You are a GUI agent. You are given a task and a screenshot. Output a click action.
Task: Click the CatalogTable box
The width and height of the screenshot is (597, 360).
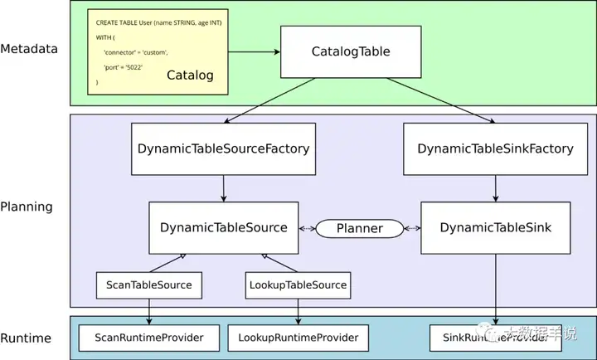pos(350,51)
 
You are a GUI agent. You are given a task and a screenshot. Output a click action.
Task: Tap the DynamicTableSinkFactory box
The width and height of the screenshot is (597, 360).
pos(495,149)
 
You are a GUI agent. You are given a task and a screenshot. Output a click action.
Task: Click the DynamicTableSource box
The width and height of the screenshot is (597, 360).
pos(223,227)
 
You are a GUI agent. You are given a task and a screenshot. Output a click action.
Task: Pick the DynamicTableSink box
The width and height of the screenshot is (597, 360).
pos(495,227)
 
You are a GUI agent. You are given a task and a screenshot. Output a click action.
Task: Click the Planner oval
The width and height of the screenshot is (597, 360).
pos(359,227)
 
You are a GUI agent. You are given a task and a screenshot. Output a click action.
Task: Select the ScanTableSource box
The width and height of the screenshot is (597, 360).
pos(149,285)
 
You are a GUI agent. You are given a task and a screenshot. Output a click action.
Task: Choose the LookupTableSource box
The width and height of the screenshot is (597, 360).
pos(298,285)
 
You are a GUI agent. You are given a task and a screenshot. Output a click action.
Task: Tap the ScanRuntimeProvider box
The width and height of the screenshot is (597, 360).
pos(149,338)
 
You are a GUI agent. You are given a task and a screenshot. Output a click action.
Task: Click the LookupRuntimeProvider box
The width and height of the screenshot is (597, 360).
pos(298,338)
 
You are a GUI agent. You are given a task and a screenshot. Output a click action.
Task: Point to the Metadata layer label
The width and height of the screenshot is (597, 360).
pos(29,48)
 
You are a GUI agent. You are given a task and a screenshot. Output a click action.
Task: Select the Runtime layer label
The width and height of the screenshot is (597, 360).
pos(26,338)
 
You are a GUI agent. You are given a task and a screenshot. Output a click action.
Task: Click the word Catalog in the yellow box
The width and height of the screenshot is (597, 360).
pos(190,75)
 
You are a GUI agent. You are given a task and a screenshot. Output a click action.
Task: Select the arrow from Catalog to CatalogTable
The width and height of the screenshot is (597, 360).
pos(253,52)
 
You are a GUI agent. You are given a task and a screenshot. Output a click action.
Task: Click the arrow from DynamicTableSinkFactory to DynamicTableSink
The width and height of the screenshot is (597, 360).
pos(495,188)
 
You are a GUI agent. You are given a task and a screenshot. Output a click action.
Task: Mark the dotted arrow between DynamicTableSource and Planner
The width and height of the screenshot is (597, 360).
pos(306,227)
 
